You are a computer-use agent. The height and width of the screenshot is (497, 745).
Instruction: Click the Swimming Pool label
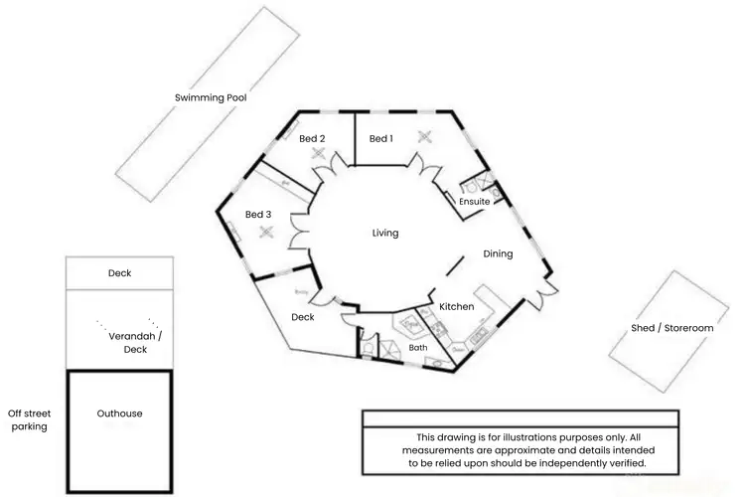click(210, 97)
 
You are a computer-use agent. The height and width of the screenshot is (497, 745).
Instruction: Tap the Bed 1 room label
click(380, 139)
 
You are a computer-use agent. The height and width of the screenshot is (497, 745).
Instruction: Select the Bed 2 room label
click(312, 139)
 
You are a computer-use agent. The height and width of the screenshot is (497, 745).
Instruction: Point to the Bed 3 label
click(258, 215)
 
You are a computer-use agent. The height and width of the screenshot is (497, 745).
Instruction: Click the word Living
click(385, 234)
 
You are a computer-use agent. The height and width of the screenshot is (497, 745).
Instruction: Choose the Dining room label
click(498, 253)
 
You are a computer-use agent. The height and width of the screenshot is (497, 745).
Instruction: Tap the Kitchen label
click(456, 307)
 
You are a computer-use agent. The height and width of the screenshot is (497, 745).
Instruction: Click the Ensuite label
click(474, 202)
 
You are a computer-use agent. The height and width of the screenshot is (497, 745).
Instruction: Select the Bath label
click(418, 348)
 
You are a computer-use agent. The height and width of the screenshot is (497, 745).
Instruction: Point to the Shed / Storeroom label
click(672, 328)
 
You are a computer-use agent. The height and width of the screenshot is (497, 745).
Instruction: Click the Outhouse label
click(119, 414)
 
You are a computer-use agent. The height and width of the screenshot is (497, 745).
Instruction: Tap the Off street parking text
click(29, 419)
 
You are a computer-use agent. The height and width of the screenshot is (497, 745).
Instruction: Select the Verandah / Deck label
click(135, 343)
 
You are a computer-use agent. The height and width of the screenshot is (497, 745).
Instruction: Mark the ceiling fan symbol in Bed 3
click(265, 233)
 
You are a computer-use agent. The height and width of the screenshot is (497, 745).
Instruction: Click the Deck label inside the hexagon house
click(303, 317)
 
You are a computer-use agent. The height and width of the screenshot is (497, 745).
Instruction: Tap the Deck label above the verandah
click(119, 273)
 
